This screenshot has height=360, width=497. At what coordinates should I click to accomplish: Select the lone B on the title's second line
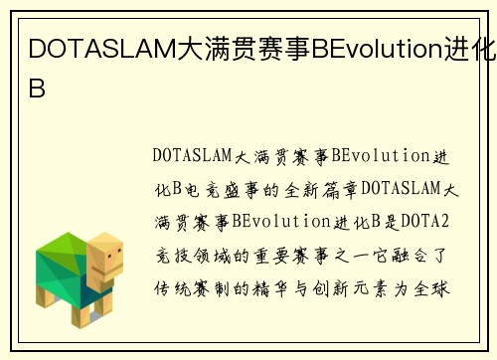(37, 87)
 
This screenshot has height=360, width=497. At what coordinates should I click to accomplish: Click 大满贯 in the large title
(207, 47)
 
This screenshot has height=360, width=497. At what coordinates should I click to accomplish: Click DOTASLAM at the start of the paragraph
(192, 156)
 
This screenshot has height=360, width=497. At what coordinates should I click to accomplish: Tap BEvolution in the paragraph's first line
(382, 156)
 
